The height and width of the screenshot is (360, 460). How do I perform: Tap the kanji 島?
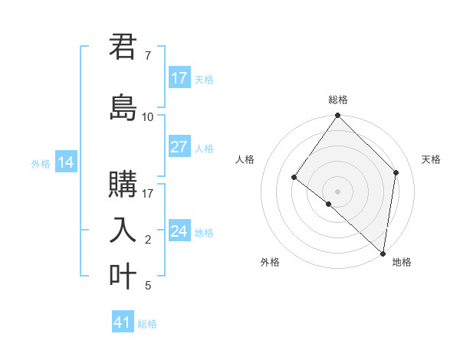point(123,107)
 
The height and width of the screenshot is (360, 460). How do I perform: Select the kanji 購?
point(123,184)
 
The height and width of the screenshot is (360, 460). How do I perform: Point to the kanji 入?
point(123,230)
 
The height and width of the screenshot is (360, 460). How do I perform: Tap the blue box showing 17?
point(179,78)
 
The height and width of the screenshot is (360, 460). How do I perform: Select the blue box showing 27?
point(179,147)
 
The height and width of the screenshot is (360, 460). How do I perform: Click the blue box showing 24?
point(179,231)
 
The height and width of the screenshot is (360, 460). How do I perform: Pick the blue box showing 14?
point(66,162)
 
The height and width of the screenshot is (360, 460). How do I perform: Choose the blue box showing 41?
point(123,322)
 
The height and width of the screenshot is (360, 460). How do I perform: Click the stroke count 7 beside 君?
point(148,56)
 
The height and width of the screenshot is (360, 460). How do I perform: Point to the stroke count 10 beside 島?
point(148,117)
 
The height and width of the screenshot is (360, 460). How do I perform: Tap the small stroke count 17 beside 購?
point(148,193)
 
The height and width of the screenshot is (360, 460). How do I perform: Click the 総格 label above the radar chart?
point(338,100)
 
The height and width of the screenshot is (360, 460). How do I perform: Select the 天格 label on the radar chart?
point(431,159)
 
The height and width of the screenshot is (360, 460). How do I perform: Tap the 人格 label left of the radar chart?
point(245,159)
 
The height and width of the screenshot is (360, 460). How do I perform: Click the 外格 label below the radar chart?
point(270,263)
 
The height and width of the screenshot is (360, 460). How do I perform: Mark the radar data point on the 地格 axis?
point(383,253)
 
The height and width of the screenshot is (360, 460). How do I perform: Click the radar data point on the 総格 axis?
point(338,116)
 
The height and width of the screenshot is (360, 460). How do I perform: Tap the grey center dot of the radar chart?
point(338,191)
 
